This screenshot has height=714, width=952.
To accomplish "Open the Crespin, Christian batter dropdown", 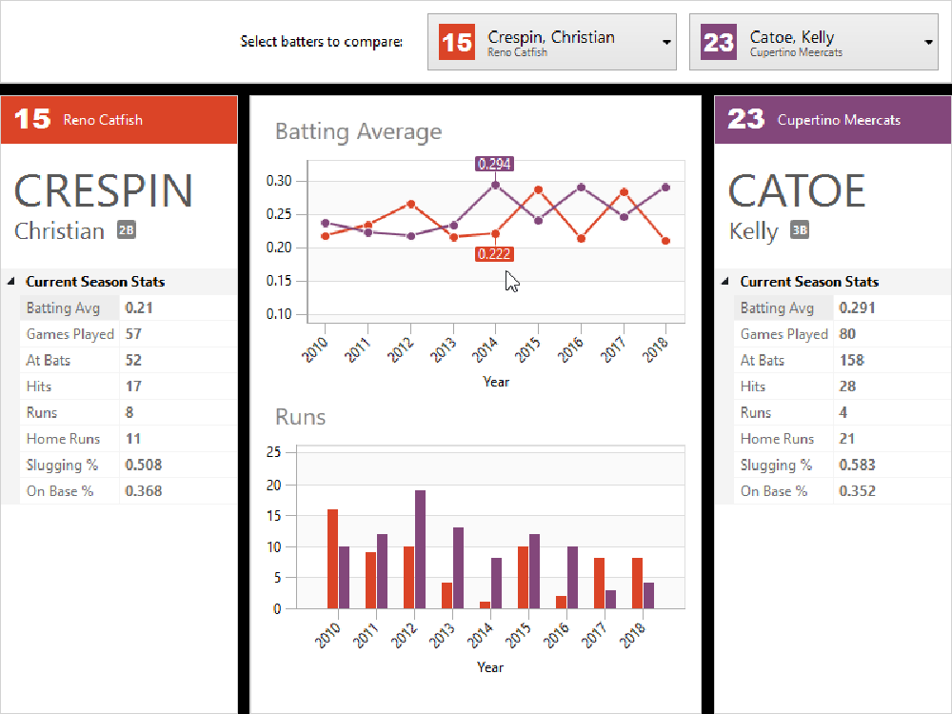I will coord(552,42).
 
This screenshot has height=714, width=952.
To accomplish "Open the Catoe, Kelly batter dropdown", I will coord(814,42).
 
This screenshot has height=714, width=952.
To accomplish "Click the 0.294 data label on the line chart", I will coord(494,164).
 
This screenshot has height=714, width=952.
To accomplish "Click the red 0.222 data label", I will coord(494,254).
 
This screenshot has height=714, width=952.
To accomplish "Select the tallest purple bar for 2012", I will coord(420,549).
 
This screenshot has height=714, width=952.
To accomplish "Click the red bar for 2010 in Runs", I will coord(332,559).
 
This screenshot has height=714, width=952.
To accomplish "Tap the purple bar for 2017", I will coord(610,599).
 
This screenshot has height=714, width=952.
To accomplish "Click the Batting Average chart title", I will coord(358,131).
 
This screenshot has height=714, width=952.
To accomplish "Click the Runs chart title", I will coord(300,417).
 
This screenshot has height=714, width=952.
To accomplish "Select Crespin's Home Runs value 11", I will coord(133,439).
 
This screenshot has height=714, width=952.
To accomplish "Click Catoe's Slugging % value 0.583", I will coord(857,465).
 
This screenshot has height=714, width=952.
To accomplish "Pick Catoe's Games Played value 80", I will coord(847,334).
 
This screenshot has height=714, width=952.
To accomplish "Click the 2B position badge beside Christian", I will coord(127,229).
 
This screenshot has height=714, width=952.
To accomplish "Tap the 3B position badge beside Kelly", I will coord(800,229).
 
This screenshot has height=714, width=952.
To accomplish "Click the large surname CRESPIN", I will coord(104,191).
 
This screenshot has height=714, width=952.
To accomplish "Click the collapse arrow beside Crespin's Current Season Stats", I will coord(11,282).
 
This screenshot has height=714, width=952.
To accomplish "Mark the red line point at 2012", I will coord(410,204).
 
